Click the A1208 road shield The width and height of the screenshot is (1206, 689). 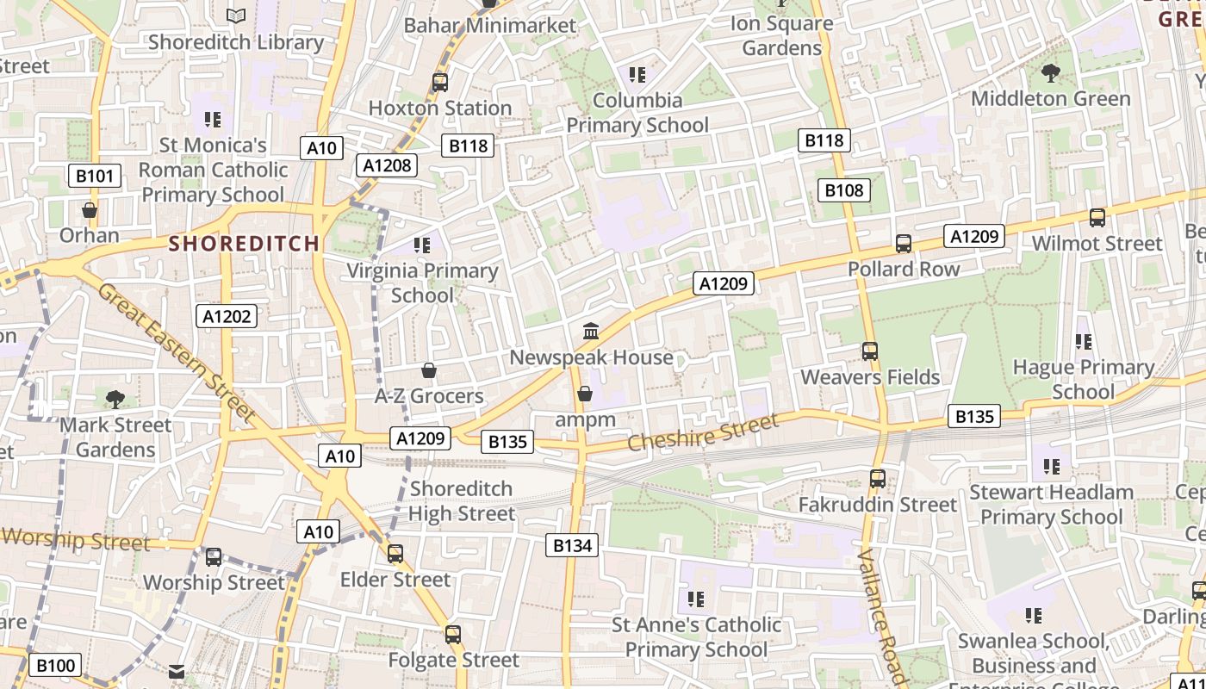388,165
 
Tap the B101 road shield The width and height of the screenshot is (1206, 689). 94,177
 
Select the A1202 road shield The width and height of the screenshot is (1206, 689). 227,316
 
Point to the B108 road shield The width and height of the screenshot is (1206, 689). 843,190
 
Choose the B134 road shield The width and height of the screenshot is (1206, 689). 572,545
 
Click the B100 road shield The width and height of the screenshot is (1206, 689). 56,665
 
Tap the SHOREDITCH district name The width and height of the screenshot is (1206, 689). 244,244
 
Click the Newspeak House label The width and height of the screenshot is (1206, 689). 591,357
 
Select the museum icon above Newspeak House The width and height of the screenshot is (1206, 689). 591,331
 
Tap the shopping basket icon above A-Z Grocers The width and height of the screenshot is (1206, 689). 429,371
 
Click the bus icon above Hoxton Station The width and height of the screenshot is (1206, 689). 440,83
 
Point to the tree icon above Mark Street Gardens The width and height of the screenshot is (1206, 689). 115,399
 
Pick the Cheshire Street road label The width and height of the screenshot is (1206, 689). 703,432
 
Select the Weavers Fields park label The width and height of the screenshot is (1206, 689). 870,377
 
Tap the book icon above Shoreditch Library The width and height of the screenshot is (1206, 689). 236,16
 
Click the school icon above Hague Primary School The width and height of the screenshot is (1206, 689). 1084,342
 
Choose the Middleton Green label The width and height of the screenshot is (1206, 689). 1051,99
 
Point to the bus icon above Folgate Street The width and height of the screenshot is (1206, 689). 453,635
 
